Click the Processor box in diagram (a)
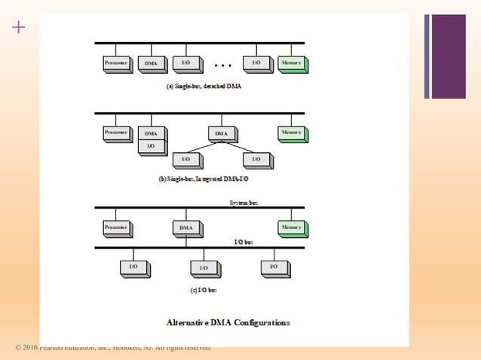pos(116,63)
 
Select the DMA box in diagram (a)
pos(151,63)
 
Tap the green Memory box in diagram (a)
pos(291,63)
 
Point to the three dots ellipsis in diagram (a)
pos(222,65)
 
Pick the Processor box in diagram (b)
pos(116,133)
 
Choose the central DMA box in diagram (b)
pos(220,133)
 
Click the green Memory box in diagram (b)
pos(291,133)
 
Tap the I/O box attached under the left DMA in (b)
pos(151,145)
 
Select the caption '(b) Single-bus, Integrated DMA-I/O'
pos(203,180)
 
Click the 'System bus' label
pos(243,203)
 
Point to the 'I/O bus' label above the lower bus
pos(243,242)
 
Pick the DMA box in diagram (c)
pos(185,227)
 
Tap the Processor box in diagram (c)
pos(116,227)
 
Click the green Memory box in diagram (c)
pos(291,227)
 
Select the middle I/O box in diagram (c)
pos(204,267)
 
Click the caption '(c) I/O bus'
pos(203,289)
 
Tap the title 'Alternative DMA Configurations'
pos(228,322)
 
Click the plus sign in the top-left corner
pos(19,28)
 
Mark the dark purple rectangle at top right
pos(449,56)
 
